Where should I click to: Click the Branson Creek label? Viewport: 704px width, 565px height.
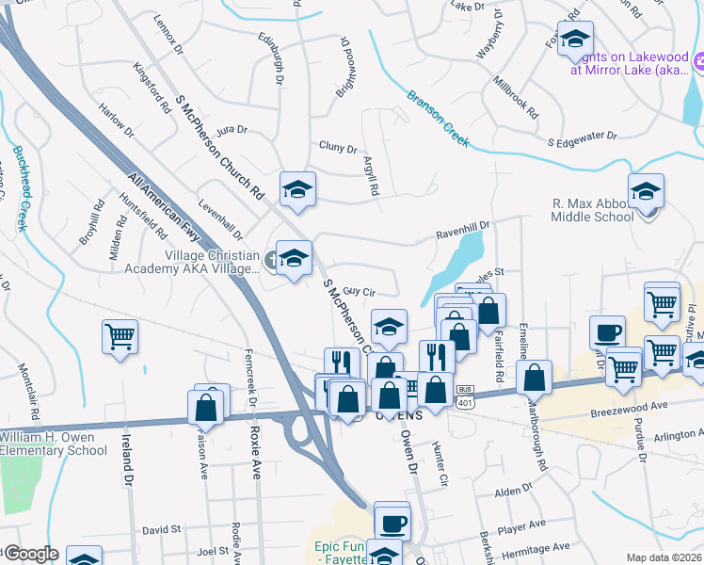coord(438,119)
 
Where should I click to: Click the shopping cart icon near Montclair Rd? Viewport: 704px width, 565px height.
coord(120,336)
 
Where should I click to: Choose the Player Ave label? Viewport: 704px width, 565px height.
coord(523,525)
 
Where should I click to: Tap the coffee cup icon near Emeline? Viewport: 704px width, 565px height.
coord(608,331)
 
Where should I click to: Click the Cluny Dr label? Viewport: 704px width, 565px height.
coord(338,148)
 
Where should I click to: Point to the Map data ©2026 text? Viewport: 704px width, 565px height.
coord(663,557)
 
